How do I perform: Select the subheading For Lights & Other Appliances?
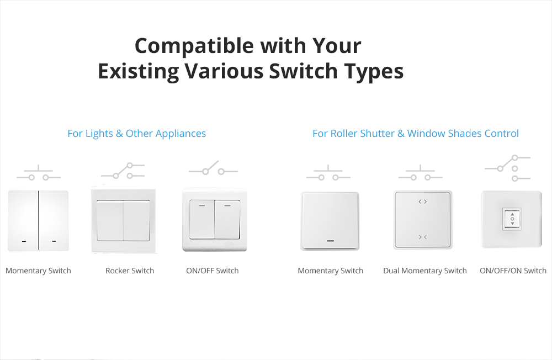(136, 134)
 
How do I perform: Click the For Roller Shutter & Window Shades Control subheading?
(416, 134)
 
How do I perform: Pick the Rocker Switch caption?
(130, 271)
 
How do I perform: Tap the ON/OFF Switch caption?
(213, 271)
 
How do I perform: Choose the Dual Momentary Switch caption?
(425, 271)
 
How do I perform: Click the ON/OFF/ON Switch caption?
(513, 271)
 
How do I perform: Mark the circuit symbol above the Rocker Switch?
(123, 171)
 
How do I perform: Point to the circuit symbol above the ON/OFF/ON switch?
(507, 168)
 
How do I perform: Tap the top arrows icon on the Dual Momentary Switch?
(423, 202)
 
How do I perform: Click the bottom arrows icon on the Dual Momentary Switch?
(423, 237)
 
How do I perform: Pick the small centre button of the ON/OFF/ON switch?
(512, 219)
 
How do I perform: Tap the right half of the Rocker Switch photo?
(136, 221)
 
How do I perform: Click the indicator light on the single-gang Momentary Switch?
(330, 241)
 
